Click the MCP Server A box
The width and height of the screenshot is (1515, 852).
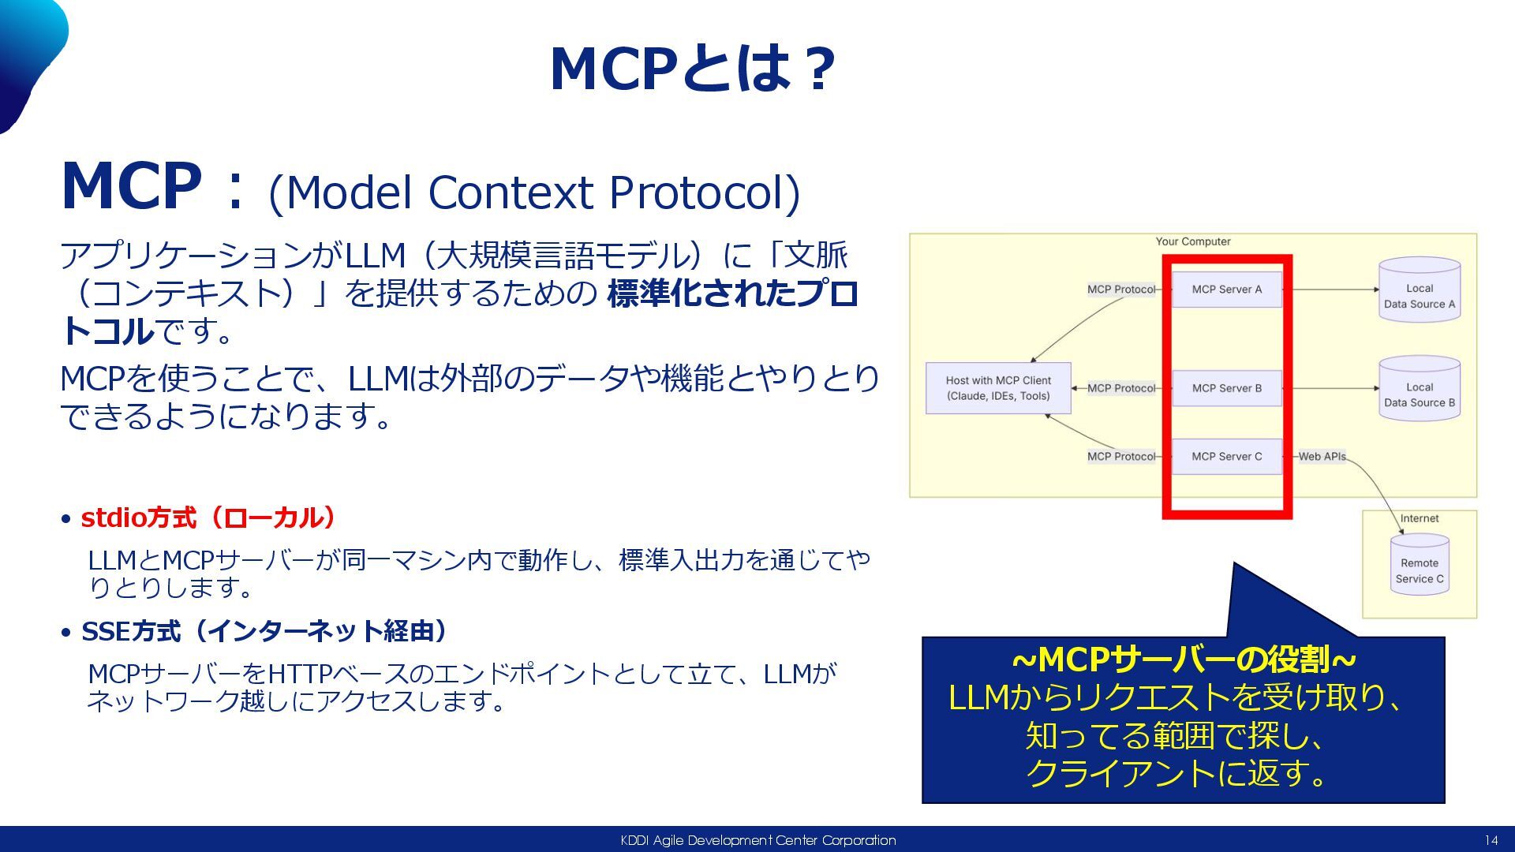pyautogui.click(x=1226, y=290)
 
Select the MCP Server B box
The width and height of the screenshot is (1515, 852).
pyautogui.click(x=1226, y=388)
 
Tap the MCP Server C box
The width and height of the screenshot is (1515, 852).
pyautogui.click(x=1226, y=457)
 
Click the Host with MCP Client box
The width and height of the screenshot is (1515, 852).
pyautogui.click(x=998, y=388)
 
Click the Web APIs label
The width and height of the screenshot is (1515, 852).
pyautogui.click(x=1322, y=457)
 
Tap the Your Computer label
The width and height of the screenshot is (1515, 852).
pyautogui.click(x=1192, y=241)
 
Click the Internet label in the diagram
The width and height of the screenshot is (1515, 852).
pyautogui.click(x=1419, y=518)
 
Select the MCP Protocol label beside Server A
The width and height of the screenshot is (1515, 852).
pyautogui.click(x=1120, y=290)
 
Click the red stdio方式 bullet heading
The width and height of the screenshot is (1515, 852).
pyautogui.click(x=208, y=518)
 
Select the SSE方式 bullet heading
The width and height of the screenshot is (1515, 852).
pyautogui.click(x=264, y=631)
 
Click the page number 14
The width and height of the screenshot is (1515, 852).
pyautogui.click(x=1491, y=840)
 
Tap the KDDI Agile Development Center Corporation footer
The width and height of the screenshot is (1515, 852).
pyautogui.click(x=757, y=840)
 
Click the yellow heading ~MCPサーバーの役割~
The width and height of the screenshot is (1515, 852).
pyautogui.click(x=1183, y=660)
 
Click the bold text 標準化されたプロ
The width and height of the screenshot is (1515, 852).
pyautogui.click(x=732, y=293)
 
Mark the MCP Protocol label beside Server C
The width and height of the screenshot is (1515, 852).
pyautogui.click(x=1120, y=457)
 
